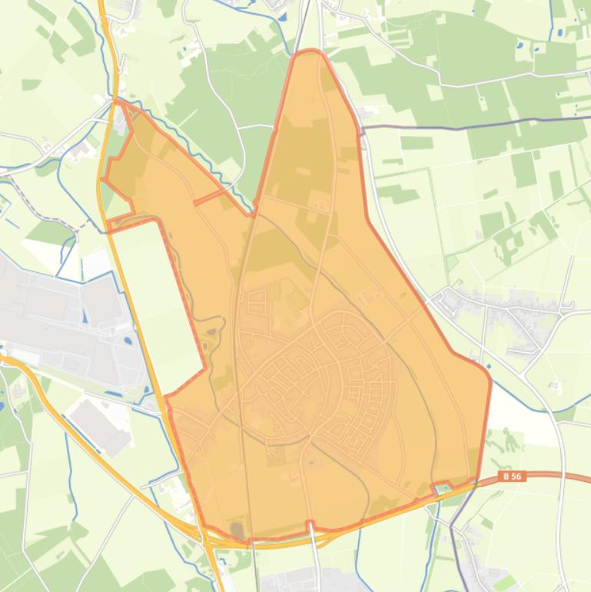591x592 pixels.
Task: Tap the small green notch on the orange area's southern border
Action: coord(443,488)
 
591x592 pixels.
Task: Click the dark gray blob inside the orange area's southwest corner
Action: coord(237,530)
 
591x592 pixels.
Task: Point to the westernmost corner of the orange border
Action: coord(102,179)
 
